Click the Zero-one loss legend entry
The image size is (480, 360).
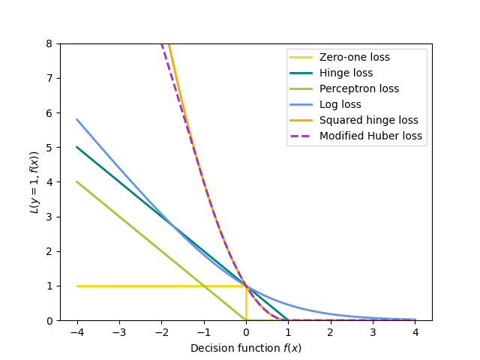354,57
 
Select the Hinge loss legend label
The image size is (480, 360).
346,73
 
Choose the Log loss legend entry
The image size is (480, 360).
340,104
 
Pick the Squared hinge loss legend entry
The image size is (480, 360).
368,120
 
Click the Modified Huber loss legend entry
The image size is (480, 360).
370,136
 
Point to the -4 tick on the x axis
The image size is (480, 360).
76,331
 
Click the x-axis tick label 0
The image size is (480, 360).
246,331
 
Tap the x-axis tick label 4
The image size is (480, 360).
415,331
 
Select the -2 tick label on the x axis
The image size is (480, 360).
161,331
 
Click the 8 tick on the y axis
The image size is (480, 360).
50,43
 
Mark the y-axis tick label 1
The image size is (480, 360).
50,286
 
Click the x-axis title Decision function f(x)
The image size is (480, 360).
246,348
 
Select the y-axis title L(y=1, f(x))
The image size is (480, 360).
34,182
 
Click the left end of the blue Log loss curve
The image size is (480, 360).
77,119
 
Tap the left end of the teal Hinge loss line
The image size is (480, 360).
77,147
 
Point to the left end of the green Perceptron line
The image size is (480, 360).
77,181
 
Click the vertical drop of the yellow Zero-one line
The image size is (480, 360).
246,303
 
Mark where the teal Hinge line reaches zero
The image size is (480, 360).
288,320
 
